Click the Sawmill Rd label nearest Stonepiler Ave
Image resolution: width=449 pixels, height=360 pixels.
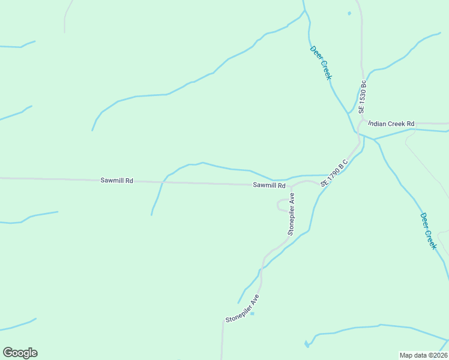click(268, 185)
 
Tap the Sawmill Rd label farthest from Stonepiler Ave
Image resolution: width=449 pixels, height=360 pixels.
click(116, 181)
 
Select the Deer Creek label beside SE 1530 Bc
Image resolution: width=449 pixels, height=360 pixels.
click(321, 62)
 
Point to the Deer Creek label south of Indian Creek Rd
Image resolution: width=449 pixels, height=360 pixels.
click(428, 231)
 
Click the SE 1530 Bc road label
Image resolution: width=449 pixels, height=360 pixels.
click(362, 97)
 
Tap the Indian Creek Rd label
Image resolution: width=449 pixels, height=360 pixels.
click(391, 124)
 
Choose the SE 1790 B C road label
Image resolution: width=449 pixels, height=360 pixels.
click(334, 172)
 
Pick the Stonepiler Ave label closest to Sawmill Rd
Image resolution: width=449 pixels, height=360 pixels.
click(291, 214)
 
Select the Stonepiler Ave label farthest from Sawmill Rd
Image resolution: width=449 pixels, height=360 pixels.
click(242, 309)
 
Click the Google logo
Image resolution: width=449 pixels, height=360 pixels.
click(20, 353)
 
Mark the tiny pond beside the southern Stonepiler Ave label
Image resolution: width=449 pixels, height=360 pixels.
click(252, 313)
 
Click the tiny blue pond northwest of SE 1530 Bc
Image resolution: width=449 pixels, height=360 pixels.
click(349, 13)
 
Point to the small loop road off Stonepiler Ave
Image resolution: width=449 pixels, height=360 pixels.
click(281, 205)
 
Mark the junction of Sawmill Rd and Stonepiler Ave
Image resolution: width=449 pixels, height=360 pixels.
click(292, 185)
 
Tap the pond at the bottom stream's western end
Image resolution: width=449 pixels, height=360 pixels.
click(307, 344)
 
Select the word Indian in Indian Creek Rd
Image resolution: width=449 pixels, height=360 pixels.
click(377, 124)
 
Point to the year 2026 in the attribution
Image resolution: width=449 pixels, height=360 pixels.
click(439, 355)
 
